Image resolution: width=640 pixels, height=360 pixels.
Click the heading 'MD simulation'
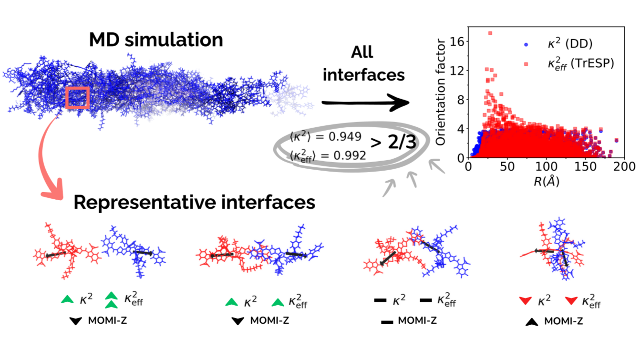tap(156, 40)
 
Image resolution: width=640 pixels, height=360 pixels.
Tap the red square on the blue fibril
tap(77, 98)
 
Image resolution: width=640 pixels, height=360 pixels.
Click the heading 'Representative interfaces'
tap(194, 203)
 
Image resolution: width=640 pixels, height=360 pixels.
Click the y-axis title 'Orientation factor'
tap(441, 93)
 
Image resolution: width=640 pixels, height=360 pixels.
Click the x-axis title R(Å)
tap(546, 181)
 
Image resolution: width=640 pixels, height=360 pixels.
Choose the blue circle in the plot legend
tap(526, 44)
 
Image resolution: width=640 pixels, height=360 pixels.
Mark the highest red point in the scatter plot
tap(490, 33)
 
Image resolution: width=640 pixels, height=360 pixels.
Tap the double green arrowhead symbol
tap(111, 300)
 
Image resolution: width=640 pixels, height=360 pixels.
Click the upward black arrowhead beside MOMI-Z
tap(532, 322)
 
